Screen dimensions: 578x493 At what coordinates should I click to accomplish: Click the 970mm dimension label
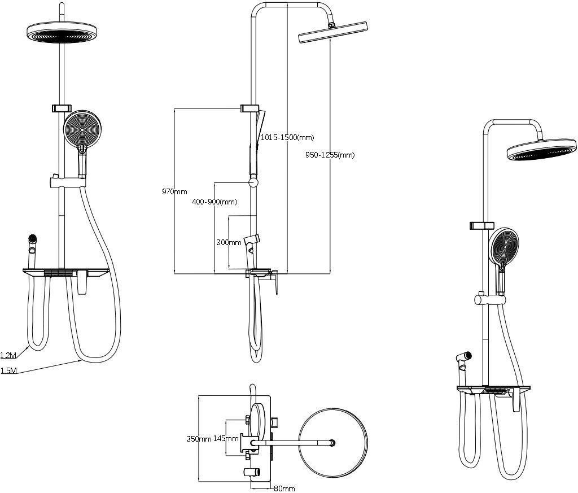pyautogui.click(x=174, y=192)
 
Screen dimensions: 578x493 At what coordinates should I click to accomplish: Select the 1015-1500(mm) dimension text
pyautogui.click(x=287, y=138)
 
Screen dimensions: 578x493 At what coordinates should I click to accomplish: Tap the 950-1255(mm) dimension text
pyautogui.click(x=330, y=155)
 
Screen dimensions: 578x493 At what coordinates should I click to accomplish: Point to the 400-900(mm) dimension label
pyautogui.click(x=214, y=202)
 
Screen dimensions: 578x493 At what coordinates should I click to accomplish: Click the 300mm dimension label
pyautogui.click(x=229, y=242)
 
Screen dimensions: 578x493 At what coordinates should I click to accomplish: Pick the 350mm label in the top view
pyautogui.click(x=199, y=439)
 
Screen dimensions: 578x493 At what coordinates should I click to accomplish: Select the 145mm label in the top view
pyautogui.click(x=226, y=438)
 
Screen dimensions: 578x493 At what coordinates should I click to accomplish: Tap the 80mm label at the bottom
pyautogui.click(x=284, y=489)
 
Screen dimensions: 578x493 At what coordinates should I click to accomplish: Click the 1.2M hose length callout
pyautogui.click(x=8, y=355)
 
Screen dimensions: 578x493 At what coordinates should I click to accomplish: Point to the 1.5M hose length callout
pyautogui.click(x=8, y=370)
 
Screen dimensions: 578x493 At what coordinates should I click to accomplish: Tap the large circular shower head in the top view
pyautogui.click(x=333, y=443)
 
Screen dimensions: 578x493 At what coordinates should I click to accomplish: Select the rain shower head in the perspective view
pyautogui.click(x=541, y=149)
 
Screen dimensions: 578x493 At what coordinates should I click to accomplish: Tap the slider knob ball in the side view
pyautogui.click(x=253, y=182)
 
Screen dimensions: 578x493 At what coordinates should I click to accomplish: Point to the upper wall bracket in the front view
pyautogui.click(x=62, y=108)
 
